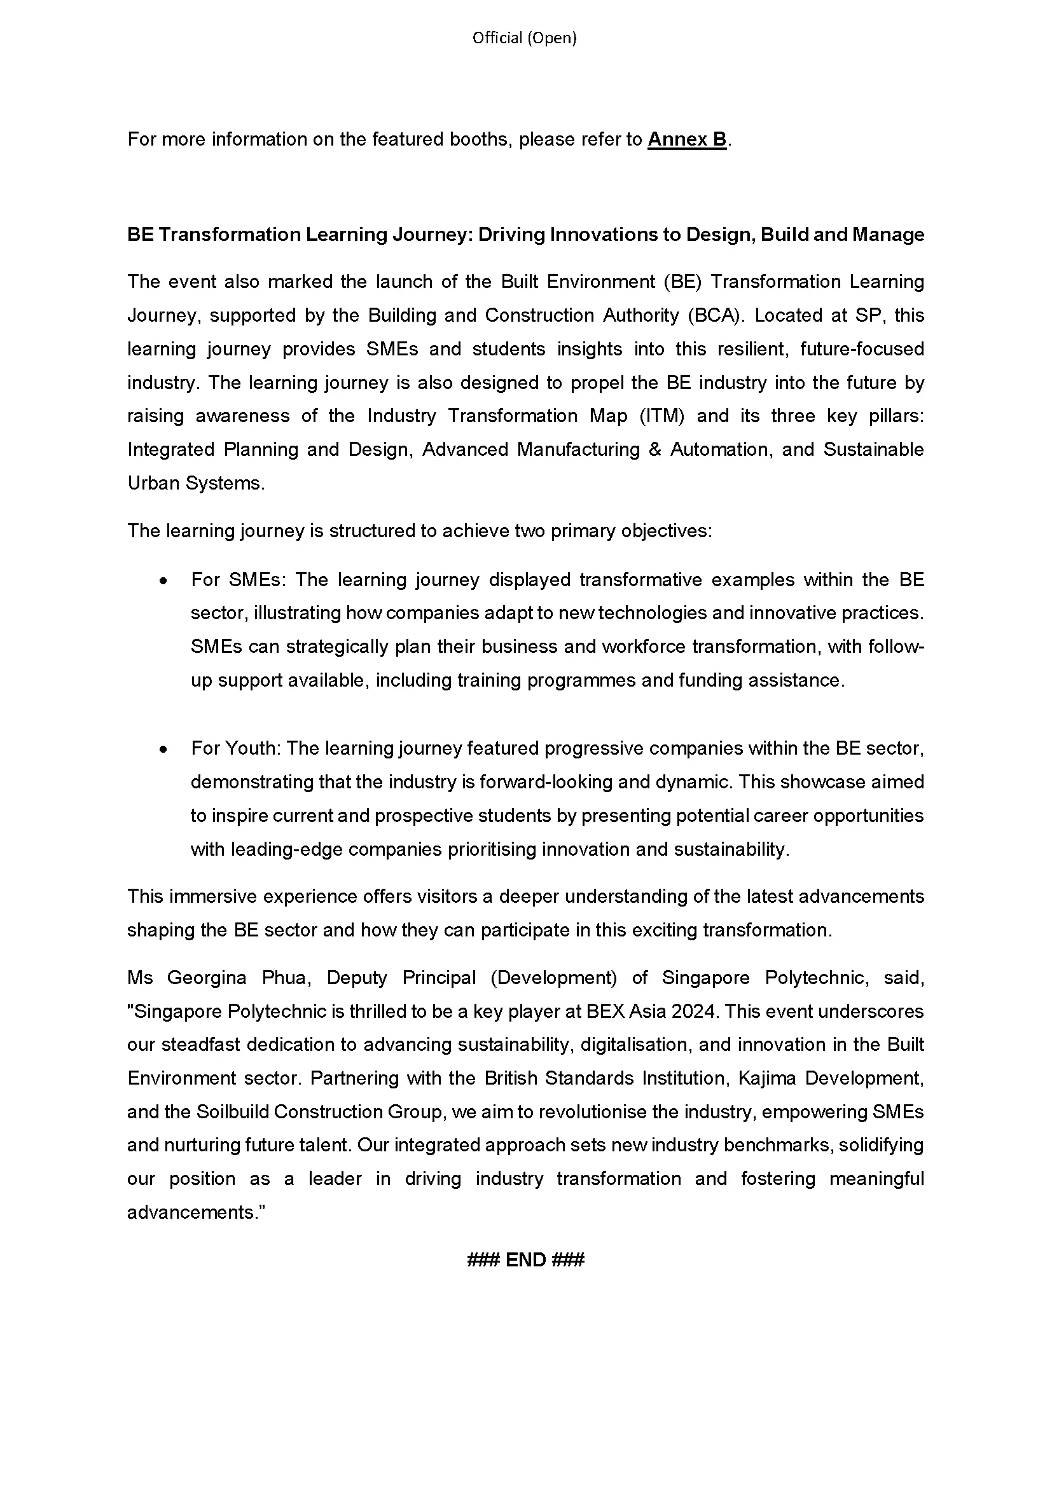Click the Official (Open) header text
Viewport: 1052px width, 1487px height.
[524, 38]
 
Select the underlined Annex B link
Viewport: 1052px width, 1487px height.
[687, 139]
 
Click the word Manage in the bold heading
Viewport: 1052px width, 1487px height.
[888, 235]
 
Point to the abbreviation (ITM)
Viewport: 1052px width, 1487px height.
[661, 416]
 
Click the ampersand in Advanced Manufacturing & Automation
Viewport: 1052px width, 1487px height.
[654, 449]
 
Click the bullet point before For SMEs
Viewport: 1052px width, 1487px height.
[164, 581]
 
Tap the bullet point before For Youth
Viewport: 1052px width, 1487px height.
[164, 750]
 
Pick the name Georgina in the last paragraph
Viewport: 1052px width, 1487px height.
[207, 977]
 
